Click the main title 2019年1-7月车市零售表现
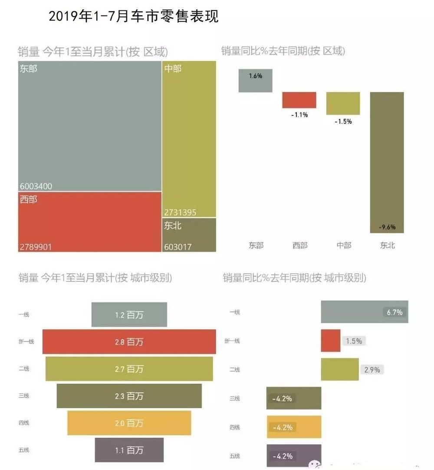point(133,16)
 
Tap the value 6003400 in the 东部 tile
point(36,186)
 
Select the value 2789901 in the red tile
point(36,247)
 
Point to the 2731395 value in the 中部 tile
point(180,212)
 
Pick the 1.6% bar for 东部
point(255,80)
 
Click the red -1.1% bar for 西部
point(299,100)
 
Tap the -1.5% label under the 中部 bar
point(343,122)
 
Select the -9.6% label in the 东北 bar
point(387,227)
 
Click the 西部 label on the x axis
point(299,245)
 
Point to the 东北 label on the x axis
point(387,245)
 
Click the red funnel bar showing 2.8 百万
point(129,342)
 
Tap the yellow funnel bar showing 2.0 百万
point(129,423)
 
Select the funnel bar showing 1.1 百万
point(129,450)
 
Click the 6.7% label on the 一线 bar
point(394,312)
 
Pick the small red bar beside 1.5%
point(330,341)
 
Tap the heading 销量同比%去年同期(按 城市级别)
point(294,278)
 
